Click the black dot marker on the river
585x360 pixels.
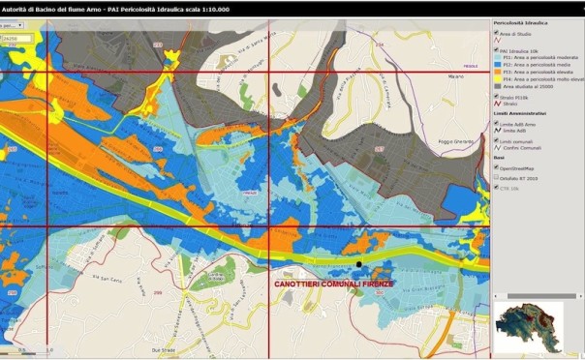click(x=358, y=263)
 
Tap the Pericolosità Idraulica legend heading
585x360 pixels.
click(x=524, y=19)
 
